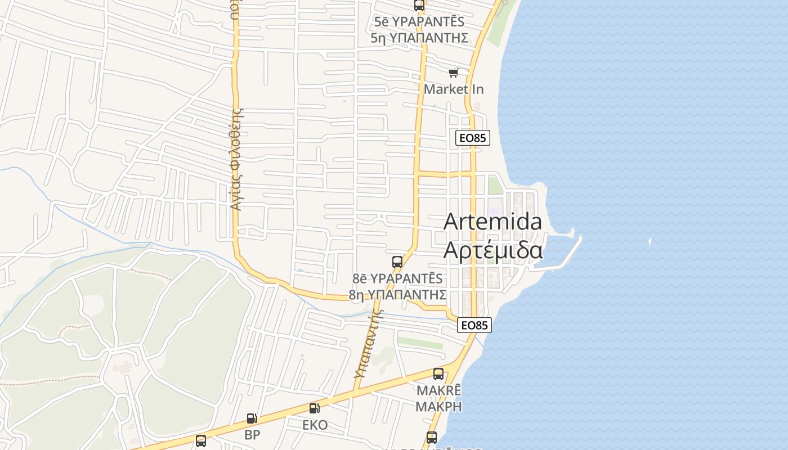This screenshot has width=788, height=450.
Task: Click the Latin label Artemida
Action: click(x=492, y=222)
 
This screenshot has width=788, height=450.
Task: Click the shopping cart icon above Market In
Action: click(x=454, y=73)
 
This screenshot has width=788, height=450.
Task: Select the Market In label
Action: click(x=454, y=89)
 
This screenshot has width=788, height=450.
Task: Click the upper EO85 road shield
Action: click(x=473, y=138)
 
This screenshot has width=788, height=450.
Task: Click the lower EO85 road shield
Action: click(x=474, y=325)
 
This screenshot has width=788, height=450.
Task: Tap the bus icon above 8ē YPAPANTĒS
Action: click(x=397, y=262)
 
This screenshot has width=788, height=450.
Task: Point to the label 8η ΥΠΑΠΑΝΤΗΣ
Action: click(x=397, y=295)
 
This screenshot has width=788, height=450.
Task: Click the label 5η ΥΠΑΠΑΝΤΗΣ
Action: click(x=419, y=38)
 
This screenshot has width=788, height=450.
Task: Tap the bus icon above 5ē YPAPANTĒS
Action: click(x=419, y=6)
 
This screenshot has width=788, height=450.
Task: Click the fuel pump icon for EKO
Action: click(x=314, y=408)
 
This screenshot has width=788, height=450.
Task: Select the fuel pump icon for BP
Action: click(x=252, y=418)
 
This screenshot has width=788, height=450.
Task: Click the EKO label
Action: click(x=315, y=425)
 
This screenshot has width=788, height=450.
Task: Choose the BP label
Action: click(x=252, y=435)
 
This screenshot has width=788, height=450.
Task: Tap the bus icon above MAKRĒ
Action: click(x=438, y=373)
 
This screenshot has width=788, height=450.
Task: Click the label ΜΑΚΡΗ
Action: click(x=438, y=406)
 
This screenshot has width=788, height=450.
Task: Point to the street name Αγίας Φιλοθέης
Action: click(x=236, y=159)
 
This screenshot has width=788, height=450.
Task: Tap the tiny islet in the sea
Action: click(x=650, y=241)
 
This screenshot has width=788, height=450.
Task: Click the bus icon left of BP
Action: click(x=201, y=440)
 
